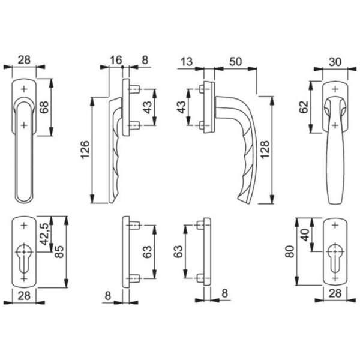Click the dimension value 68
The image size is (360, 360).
[x=44, y=107]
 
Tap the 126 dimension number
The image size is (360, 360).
[x=85, y=149]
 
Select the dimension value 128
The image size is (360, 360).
[x=265, y=149]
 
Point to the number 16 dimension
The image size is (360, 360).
[x=116, y=60]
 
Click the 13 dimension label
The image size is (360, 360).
[x=187, y=62]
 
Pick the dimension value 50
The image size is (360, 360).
[x=235, y=62]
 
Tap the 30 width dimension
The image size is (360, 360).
[x=335, y=62]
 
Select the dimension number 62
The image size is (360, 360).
[x=304, y=107]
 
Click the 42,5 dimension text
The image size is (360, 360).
[x=44, y=234]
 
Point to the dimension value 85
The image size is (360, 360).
[x=59, y=251]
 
